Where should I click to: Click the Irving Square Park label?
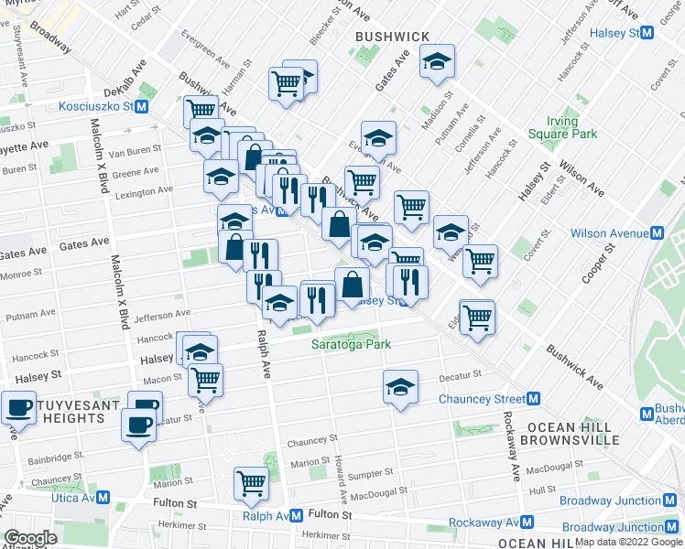tap(562, 127)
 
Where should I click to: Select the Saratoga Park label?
tap(351, 344)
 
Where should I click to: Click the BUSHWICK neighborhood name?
tap(392, 36)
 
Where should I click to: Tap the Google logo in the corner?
tap(30, 539)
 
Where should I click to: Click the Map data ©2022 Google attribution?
tap(628, 542)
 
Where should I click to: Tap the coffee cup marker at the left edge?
tap(17, 408)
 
